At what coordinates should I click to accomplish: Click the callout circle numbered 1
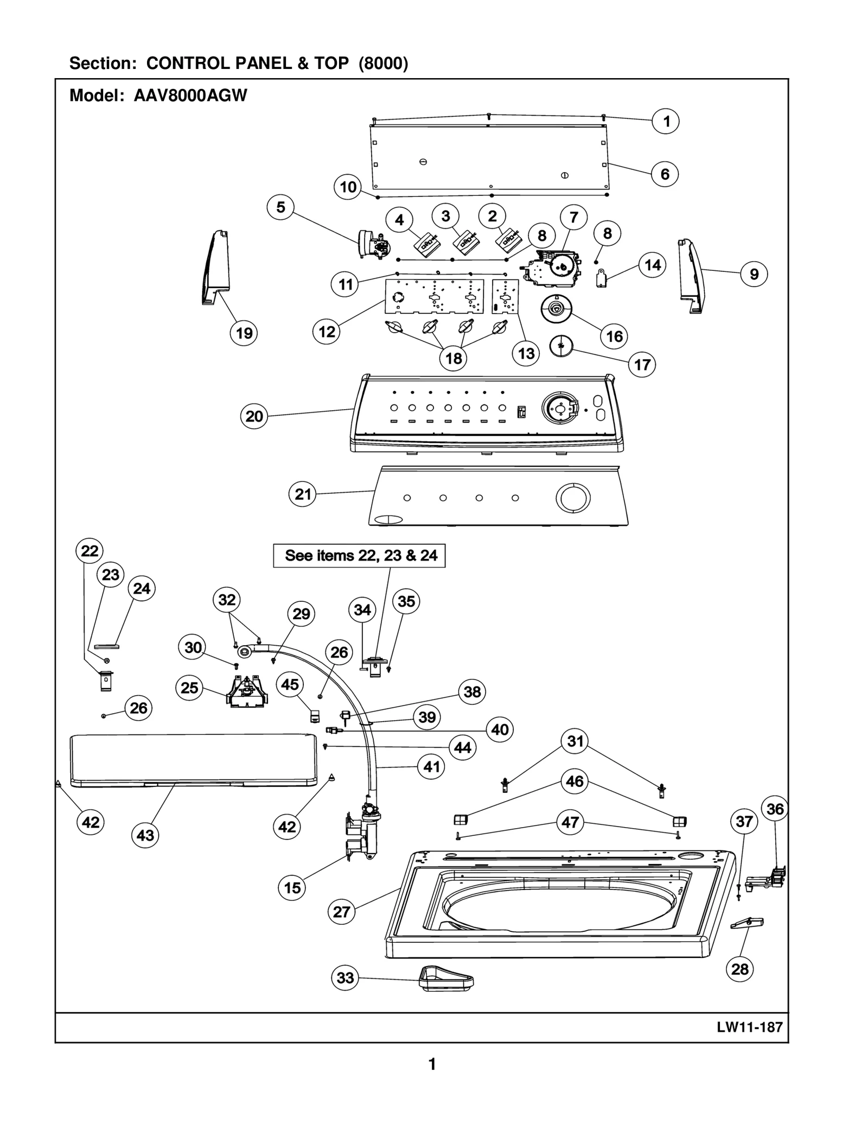pos(666,121)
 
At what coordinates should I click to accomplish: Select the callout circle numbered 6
pos(665,174)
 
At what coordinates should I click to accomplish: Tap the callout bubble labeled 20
pos(254,416)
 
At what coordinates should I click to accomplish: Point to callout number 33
pos(345,977)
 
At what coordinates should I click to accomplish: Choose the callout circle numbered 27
pos(341,911)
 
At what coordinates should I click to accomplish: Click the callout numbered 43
pos(145,835)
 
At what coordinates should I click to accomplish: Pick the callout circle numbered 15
pos(292,887)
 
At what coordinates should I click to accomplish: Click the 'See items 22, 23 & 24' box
pos(359,556)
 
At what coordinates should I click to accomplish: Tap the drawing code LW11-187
pos(750,1027)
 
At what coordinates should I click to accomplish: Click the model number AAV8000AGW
pos(190,96)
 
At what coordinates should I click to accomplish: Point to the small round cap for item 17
pos(561,345)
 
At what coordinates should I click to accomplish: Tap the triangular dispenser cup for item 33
pos(446,978)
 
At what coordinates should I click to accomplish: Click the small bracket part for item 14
pos(601,279)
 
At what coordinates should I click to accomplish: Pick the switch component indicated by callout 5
pos(374,244)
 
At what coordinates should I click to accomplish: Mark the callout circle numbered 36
pos(775,809)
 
